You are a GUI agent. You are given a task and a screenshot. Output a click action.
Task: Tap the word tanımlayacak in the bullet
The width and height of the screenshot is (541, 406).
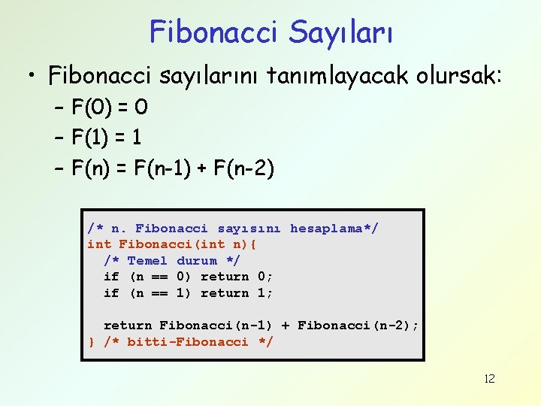click(321, 75)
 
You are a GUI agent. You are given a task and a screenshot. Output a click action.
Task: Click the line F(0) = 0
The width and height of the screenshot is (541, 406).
click(110, 108)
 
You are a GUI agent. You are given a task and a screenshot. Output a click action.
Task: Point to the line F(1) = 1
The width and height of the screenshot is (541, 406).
click(107, 138)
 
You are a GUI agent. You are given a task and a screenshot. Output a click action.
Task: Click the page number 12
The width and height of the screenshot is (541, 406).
click(489, 378)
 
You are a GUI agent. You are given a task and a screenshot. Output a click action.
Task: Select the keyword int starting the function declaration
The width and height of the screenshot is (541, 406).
click(99, 244)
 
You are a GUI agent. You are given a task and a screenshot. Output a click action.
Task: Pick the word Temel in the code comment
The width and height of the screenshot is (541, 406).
click(147, 261)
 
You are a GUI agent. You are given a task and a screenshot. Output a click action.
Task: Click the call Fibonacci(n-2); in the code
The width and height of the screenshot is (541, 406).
click(358, 326)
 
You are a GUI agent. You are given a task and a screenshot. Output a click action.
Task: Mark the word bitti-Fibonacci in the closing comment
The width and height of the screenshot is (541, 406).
click(188, 342)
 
